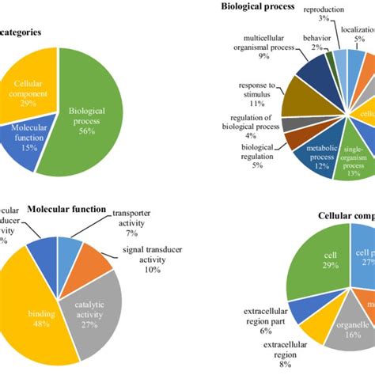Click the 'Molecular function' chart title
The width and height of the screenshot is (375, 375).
tap(67, 210)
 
